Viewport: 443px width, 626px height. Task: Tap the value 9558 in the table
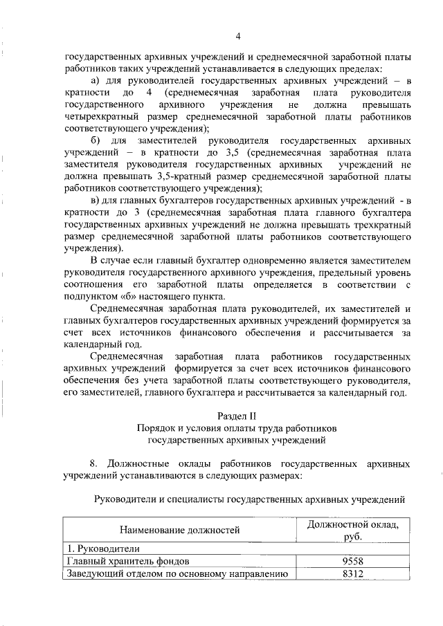[352, 561]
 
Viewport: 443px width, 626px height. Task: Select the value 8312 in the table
[352, 573]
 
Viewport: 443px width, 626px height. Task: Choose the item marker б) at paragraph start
[96, 140]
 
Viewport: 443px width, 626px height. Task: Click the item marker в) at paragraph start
[96, 201]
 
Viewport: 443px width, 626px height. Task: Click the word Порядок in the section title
[156, 427]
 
